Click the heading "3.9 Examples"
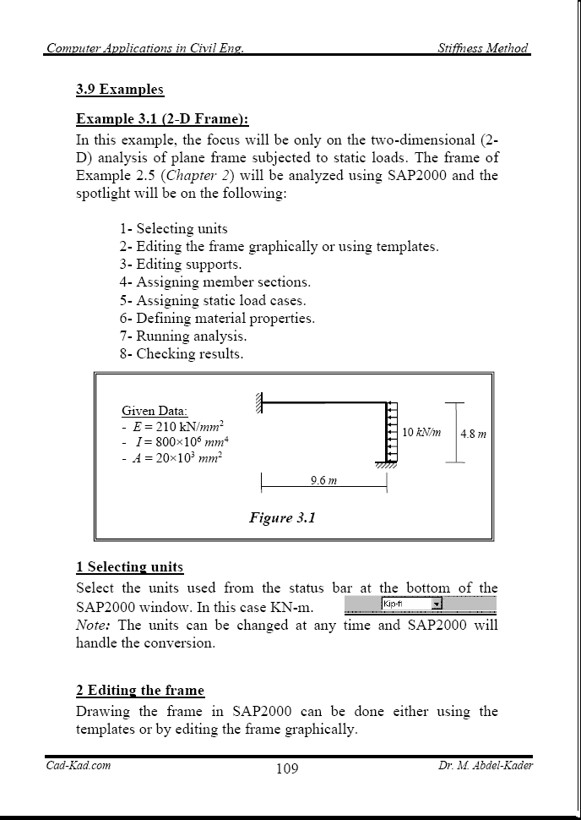[x=119, y=90]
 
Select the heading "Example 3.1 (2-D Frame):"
[x=162, y=119]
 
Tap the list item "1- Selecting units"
[x=173, y=228]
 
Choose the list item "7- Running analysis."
[x=182, y=336]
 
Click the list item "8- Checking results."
[x=181, y=353]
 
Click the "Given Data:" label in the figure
[x=155, y=411]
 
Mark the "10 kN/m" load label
[x=421, y=432]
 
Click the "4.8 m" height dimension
[x=473, y=434]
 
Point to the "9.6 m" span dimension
[x=324, y=480]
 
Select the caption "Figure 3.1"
[x=282, y=517]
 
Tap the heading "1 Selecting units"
[x=129, y=566]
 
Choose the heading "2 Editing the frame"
[x=139, y=690]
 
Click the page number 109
[x=287, y=768]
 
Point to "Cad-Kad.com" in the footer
[x=78, y=766]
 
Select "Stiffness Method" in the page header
[x=483, y=48]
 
